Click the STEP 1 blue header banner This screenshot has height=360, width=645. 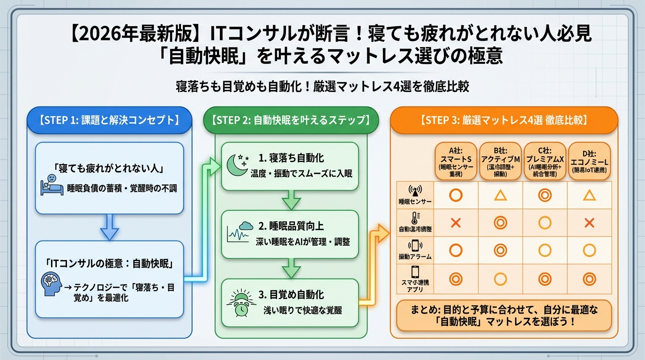(x=109, y=120)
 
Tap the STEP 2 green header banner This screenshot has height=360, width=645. (x=291, y=120)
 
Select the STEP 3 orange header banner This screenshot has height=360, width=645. (x=504, y=120)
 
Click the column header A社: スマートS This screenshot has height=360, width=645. (x=456, y=161)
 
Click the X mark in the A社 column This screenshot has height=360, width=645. (x=456, y=223)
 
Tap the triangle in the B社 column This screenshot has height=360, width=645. (x=501, y=195)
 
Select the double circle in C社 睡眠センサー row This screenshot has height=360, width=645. (x=545, y=195)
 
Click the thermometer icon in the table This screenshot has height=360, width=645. (x=415, y=218)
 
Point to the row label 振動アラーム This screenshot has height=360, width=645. (x=415, y=257)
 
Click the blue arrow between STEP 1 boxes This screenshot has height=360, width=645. (x=109, y=227)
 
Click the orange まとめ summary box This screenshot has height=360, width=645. (x=504, y=315)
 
